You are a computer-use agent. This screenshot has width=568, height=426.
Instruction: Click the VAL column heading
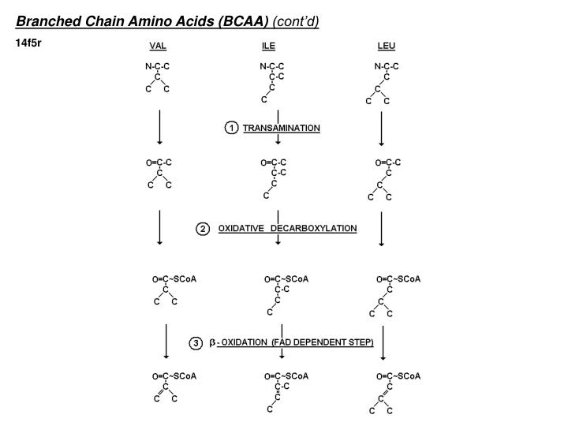tap(158, 46)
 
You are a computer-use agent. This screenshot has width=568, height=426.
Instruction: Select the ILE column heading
tap(268, 46)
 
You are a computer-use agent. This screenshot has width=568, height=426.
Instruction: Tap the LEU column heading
tap(387, 46)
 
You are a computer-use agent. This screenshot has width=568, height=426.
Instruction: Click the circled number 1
tap(231, 128)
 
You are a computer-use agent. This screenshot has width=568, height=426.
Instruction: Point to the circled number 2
tap(203, 229)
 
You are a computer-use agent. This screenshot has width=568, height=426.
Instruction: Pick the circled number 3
tap(196, 343)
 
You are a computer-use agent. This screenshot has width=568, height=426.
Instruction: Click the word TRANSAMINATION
tap(282, 128)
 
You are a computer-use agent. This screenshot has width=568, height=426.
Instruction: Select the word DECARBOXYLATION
tap(314, 229)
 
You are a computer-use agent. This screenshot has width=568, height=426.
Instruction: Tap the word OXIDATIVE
tap(241, 229)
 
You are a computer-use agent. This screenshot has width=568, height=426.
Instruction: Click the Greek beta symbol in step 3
tap(213, 343)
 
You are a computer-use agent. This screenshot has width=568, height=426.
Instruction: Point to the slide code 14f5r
tap(28, 42)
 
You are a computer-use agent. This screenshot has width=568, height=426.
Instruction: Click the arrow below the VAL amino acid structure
tap(160, 128)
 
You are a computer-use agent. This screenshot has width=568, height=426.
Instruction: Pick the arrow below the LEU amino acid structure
tap(382, 128)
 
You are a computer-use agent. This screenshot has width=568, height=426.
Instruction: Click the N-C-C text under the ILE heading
tap(272, 67)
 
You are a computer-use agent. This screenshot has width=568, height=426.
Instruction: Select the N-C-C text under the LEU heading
tap(387, 67)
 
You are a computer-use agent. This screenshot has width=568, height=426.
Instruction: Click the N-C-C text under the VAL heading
tap(158, 67)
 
